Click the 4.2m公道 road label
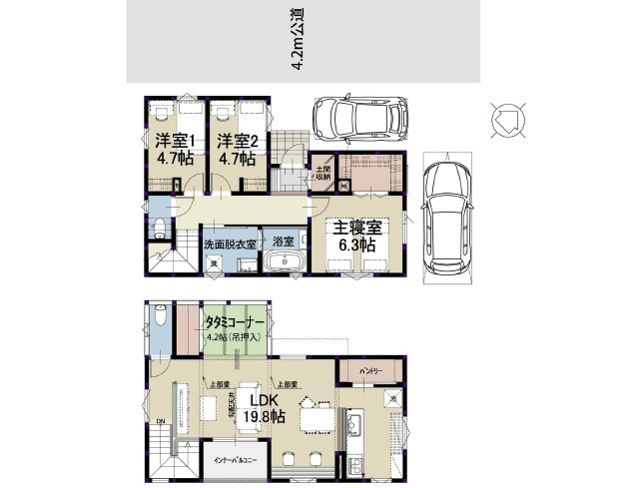297,41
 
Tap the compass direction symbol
504,120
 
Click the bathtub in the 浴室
287,262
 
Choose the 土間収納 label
324,176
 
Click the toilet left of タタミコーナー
160,320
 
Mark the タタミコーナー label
235,323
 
